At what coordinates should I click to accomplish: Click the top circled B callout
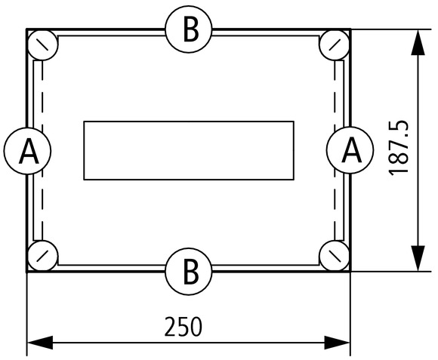(189, 29)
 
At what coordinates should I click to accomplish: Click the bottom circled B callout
(189, 271)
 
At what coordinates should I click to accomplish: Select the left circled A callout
(27, 151)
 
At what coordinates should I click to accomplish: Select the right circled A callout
(350, 150)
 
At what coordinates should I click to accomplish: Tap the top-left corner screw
(43, 45)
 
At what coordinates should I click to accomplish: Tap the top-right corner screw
(335, 45)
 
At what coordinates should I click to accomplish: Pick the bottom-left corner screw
(43, 256)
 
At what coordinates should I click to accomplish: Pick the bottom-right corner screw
(335, 256)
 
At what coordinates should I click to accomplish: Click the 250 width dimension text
(183, 327)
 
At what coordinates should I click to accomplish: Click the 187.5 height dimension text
(399, 148)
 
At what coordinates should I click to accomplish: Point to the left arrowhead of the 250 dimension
(40, 343)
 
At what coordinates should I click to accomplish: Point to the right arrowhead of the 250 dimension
(337, 343)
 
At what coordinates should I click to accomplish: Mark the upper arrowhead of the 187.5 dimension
(418, 42)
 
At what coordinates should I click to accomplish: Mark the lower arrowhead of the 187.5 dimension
(418, 258)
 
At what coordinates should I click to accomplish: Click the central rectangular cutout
(189, 151)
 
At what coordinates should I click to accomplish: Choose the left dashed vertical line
(42, 151)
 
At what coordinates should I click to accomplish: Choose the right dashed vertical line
(335, 151)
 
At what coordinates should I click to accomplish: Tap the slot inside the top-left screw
(43, 45)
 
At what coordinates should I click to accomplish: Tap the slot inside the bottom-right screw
(335, 256)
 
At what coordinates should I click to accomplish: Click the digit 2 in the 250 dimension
(171, 327)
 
